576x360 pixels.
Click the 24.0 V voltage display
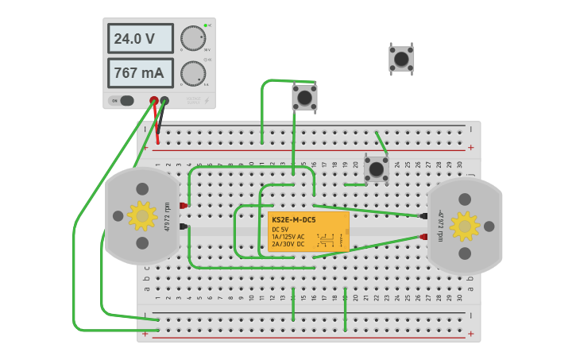[140, 38]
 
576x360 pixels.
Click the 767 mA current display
[140, 73]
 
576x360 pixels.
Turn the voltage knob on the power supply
[192, 38]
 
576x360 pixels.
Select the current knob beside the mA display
[192, 73]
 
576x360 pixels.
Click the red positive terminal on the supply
[154, 101]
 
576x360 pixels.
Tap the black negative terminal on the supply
[164, 101]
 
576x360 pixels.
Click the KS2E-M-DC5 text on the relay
[293, 219]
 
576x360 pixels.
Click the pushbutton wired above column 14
[304, 98]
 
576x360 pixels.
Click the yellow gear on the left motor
[142, 215]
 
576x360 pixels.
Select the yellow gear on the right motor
[465, 226]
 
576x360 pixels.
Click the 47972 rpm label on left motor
[168, 216]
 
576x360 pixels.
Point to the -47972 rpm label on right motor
[439, 226]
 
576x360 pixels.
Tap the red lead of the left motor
[184, 206]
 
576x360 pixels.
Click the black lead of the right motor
[423, 215]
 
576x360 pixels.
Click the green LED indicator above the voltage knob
[205, 25]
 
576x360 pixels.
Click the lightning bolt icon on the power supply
[207, 101]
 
